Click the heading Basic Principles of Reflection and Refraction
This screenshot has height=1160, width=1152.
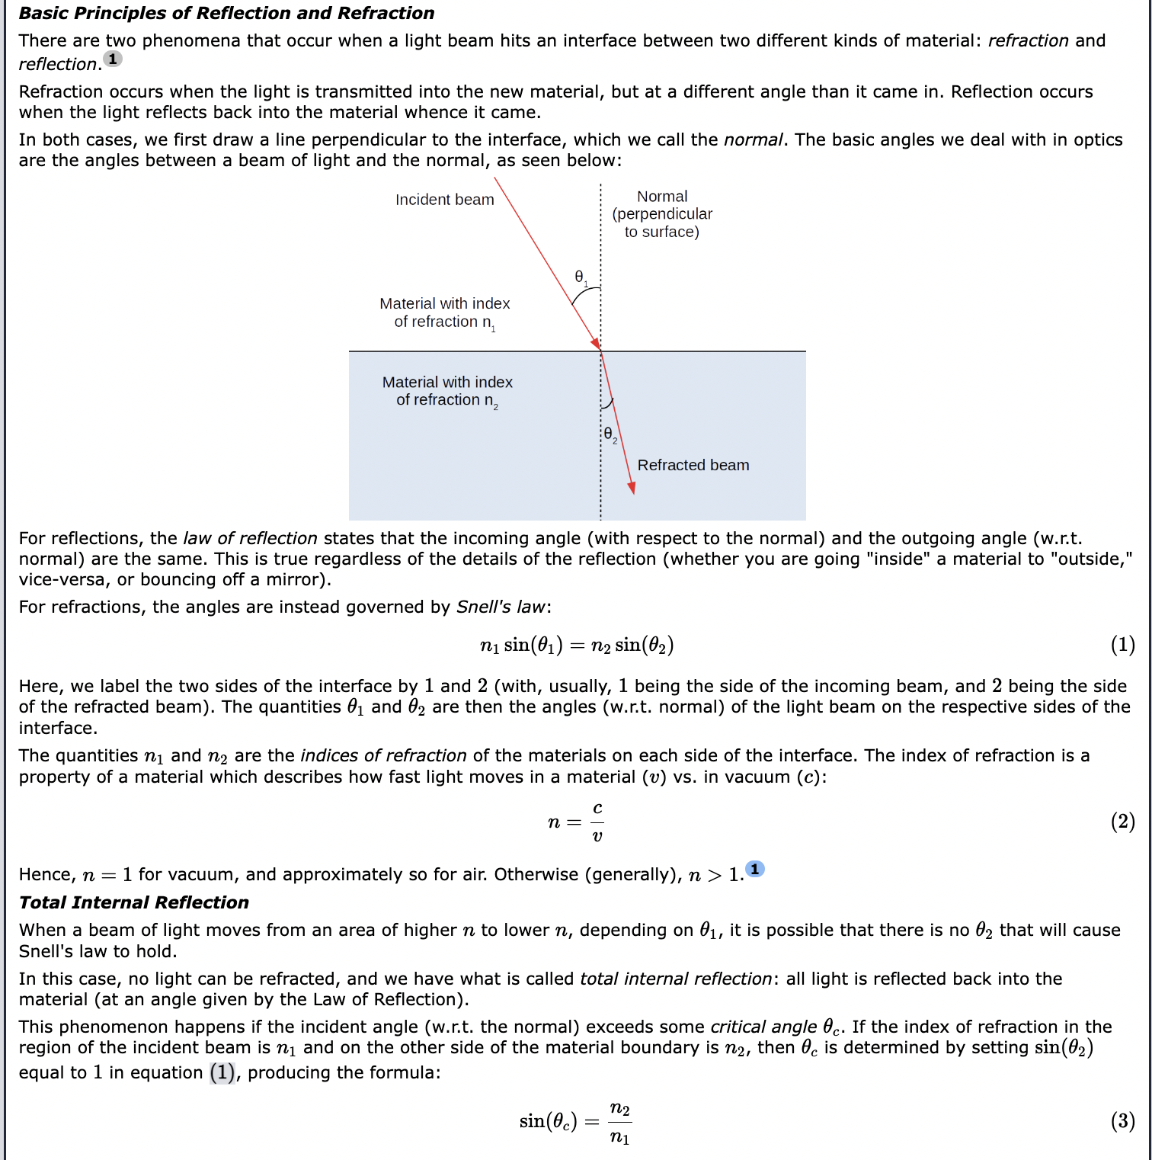click(226, 13)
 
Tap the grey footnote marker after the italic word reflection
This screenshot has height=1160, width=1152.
click(113, 59)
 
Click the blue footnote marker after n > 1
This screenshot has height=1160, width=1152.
click(754, 869)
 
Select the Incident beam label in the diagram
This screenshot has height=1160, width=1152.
click(444, 200)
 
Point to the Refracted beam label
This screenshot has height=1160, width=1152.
click(693, 465)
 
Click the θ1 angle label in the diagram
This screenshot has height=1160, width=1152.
click(581, 277)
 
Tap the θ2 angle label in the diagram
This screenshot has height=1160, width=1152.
click(610, 434)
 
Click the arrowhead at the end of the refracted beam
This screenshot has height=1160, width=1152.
click(631, 488)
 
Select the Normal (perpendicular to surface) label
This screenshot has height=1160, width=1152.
click(661, 214)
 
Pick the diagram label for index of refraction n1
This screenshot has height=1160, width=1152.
click(444, 313)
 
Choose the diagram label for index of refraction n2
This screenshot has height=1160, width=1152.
click(447, 391)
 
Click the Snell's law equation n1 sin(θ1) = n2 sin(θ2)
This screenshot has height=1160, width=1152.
click(576, 646)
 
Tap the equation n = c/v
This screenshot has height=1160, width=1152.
click(576, 822)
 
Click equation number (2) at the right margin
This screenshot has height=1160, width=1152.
click(1122, 822)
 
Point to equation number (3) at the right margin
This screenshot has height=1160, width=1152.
click(1122, 1121)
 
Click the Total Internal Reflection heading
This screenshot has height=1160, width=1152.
click(134, 902)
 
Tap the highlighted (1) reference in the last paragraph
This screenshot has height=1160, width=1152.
click(222, 1073)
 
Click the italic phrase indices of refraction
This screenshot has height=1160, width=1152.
click(383, 756)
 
